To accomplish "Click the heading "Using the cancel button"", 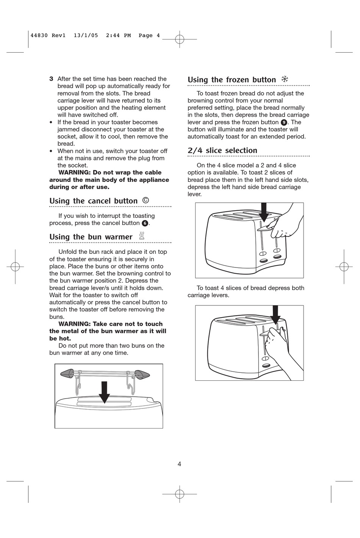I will (x=93, y=201).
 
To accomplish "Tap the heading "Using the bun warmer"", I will (x=91, y=237).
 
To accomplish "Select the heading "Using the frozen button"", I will (x=232, y=80).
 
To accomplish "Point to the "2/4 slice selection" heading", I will (x=222, y=150).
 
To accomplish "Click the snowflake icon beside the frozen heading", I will (x=285, y=79).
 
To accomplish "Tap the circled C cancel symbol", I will (x=146, y=200).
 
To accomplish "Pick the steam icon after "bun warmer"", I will (x=142, y=236).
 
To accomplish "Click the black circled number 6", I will (x=144, y=223).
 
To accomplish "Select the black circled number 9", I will (x=283, y=122).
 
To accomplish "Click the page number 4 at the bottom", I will (x=179, y=464).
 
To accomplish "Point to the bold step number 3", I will (x=51, y=79).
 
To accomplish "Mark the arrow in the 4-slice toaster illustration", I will (x=275, y=315).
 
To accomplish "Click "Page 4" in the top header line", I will (x=149, y=36).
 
